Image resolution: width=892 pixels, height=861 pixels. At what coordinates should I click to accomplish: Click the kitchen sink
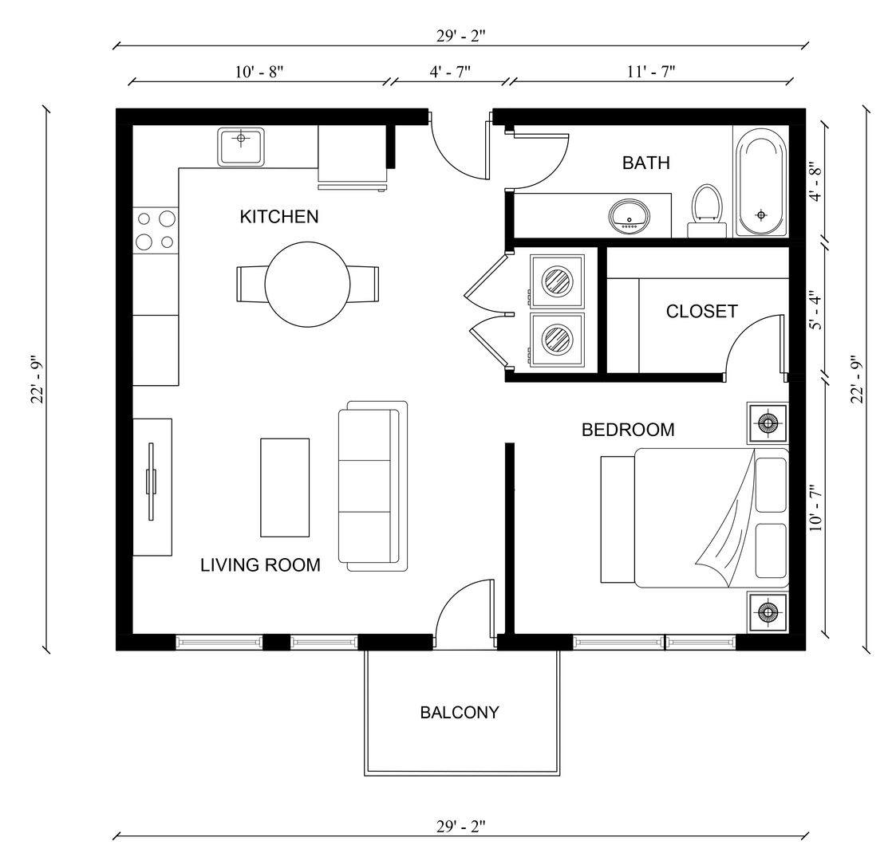[x=241, y=146]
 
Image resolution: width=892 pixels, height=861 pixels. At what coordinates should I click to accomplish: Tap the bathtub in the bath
[x=760, y=183]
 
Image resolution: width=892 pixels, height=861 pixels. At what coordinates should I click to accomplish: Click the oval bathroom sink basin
[x=630, y=216]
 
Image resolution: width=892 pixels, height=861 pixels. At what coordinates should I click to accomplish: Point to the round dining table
[x=307, y=285]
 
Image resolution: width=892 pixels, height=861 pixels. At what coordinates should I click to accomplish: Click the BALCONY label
[x=460, y=713]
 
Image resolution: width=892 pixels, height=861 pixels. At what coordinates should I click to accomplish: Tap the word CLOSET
[x=701, y=312]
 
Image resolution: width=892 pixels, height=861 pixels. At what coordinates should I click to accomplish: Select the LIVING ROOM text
[x=260, y=565]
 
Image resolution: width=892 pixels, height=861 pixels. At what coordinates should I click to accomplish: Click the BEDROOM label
[x=628, y=431]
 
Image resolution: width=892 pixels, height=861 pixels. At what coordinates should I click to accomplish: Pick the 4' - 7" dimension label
[x=450, y=71]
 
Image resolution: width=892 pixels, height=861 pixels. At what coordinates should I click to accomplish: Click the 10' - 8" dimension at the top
[x=259, y=71]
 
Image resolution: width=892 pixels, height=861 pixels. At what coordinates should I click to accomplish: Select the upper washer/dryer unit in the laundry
[x=557, y=280]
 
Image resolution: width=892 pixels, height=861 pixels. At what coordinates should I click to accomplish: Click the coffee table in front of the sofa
[x=285, y=487]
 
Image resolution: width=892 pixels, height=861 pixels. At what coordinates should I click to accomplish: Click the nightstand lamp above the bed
[x=768, y=423]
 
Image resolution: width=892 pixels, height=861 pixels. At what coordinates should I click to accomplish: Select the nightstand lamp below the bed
[x=768, y=612]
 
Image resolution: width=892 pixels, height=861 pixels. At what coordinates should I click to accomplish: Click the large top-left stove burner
[x=167, y=218]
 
